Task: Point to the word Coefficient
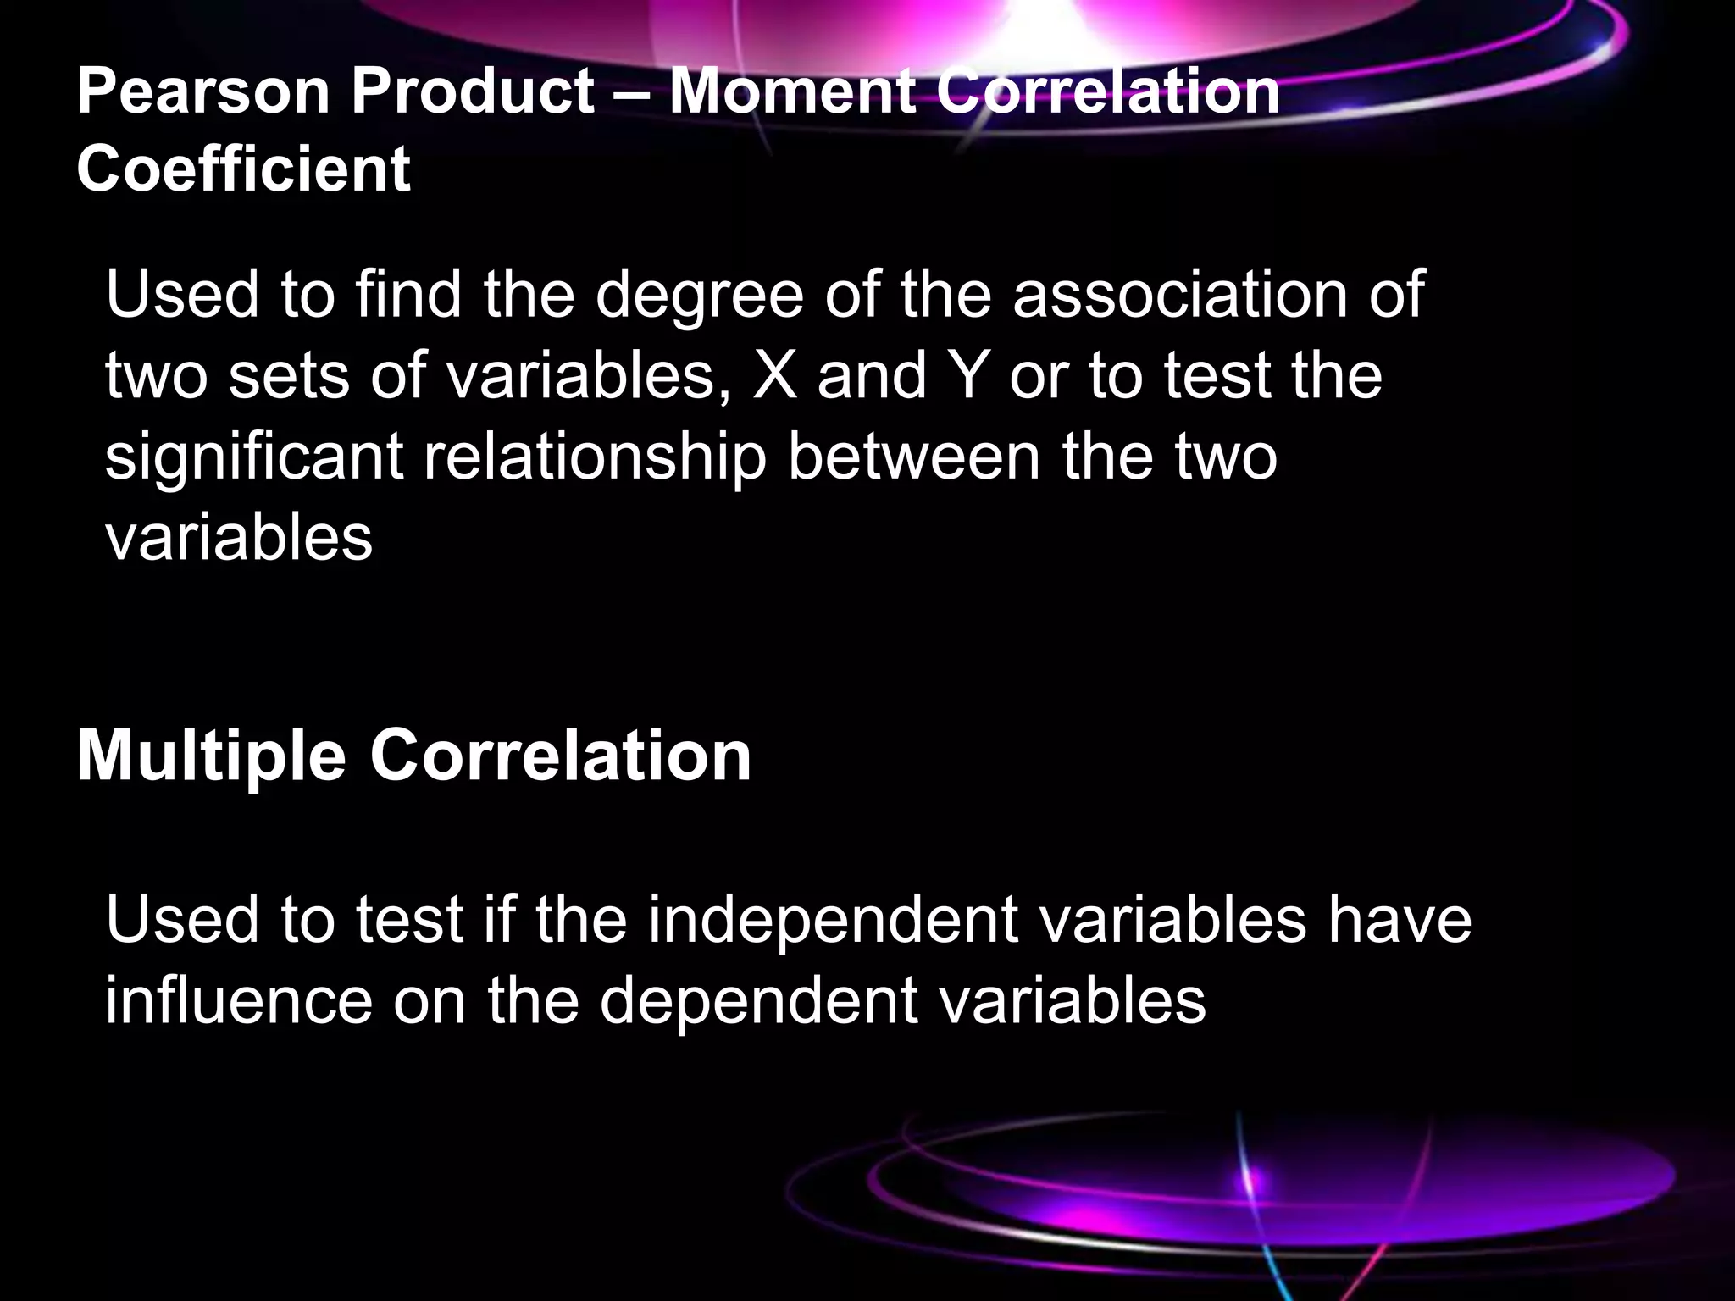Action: [244, 168]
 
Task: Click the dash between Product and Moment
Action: [632, 93]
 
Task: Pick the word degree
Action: [699, 296]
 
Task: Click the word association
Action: [1179, 295]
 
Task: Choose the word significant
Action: [254, 458]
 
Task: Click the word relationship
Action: [595, 458]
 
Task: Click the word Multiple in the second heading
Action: [212, 756]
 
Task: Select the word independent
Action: [832, 921]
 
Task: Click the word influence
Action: [239, 1001]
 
